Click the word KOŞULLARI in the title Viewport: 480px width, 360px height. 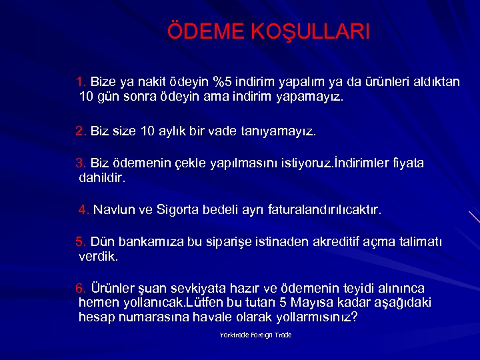point(309,32)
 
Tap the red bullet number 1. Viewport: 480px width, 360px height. point(81,83)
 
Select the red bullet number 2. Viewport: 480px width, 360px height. point(81,131)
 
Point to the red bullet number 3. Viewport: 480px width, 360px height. point(81,163)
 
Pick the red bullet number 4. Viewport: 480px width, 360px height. point(84,211)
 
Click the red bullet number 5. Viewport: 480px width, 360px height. point(81,242)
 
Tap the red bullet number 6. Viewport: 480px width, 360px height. point(81,289)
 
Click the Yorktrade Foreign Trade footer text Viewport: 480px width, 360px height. point(255,335)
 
